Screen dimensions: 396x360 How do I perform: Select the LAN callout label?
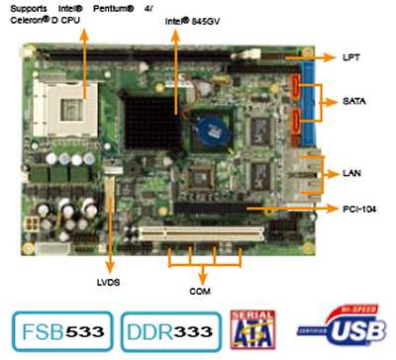pos(351,173)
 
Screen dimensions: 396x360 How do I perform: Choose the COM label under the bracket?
pos(200,292)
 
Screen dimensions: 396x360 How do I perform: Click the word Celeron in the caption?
pos(34,20)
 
